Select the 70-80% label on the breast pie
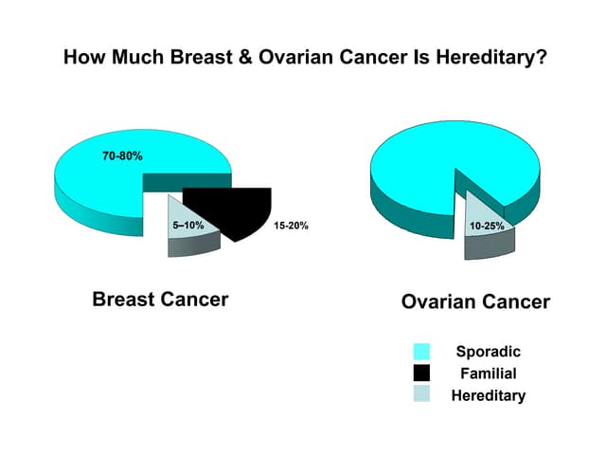123,155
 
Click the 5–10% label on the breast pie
188,227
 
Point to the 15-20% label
290,227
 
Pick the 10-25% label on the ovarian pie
487,227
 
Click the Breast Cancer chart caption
160,300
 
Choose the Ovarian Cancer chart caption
475,301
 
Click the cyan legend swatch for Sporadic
422,352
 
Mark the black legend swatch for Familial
422,373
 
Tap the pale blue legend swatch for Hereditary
422,394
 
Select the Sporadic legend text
488,352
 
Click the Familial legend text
488,373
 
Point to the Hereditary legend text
488,395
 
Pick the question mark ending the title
541,58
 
